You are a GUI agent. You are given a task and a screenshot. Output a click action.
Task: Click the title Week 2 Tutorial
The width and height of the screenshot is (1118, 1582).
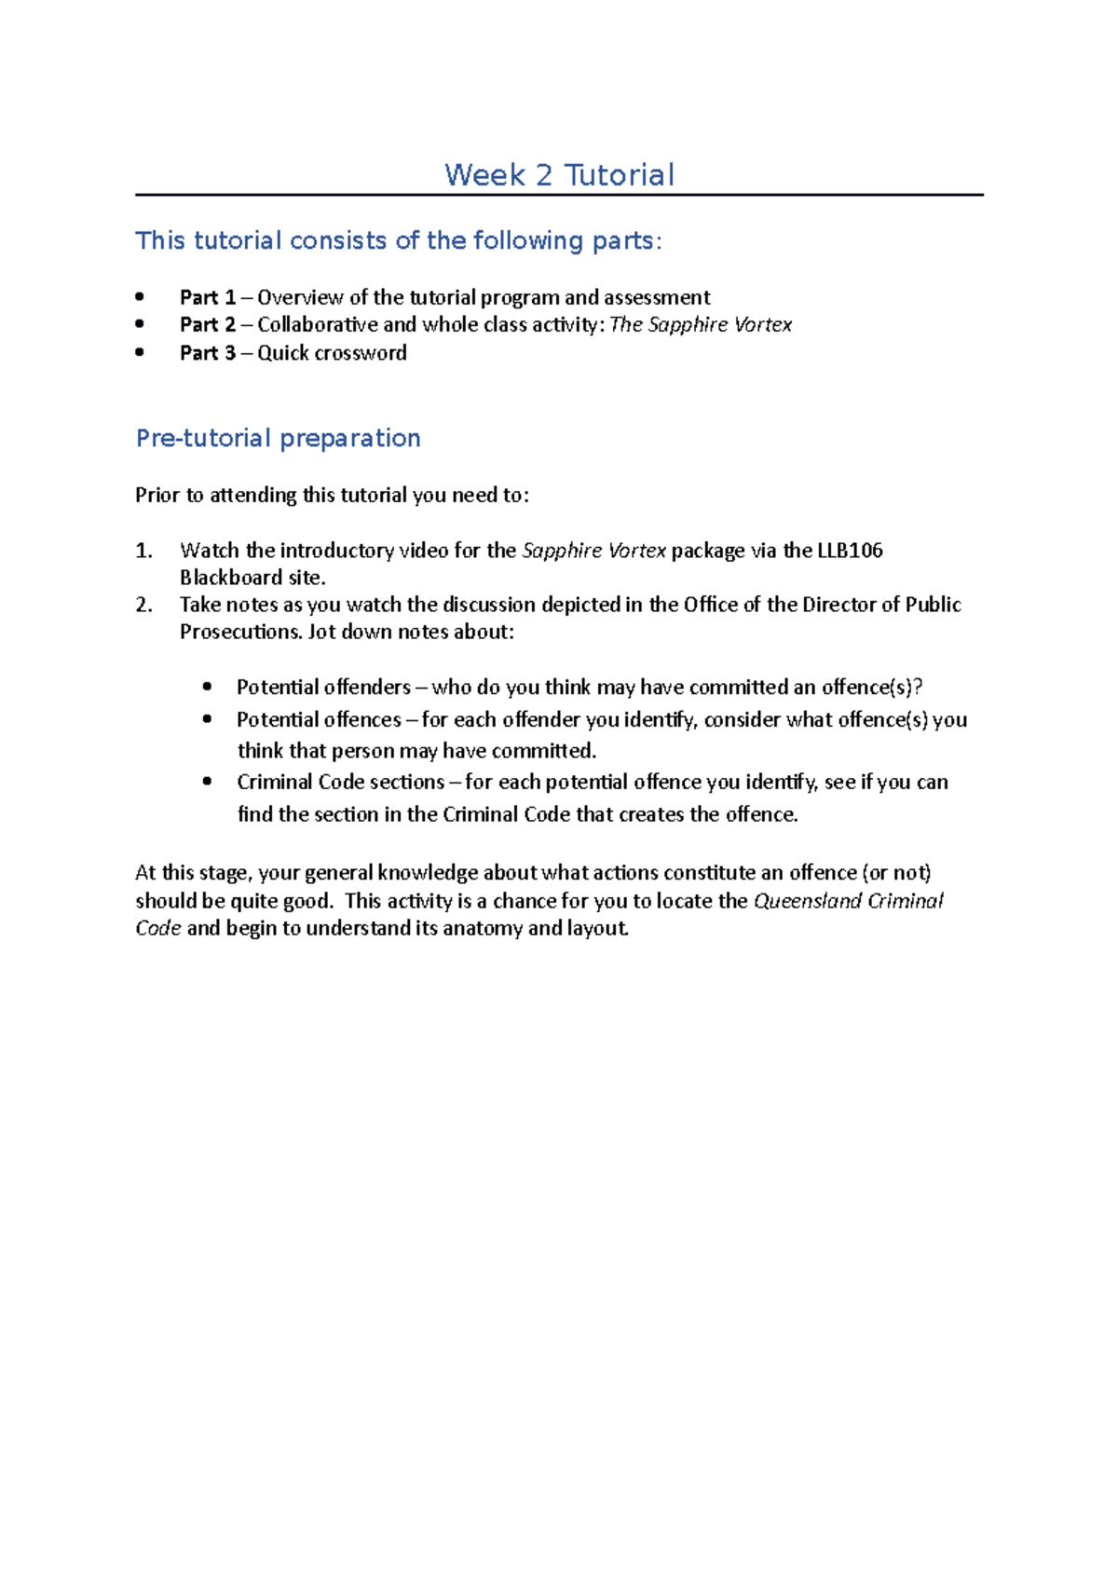click(559, 175)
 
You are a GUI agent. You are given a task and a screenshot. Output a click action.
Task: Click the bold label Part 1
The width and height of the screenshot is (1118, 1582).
click(208, 297)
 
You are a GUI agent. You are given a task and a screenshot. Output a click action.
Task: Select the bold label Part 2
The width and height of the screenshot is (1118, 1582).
click(208, 324)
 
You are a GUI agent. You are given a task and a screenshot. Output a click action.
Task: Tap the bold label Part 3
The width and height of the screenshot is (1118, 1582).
click(208, 353)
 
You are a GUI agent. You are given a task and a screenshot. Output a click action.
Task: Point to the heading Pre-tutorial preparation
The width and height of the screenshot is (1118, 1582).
click(278, 438)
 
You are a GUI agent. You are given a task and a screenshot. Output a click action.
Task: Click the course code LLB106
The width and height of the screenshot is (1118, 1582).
click(850, 551)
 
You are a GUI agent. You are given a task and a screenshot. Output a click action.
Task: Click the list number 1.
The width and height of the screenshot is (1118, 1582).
click(143, 551)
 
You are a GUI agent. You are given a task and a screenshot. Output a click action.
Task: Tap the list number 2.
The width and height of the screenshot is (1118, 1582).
click(143, 605)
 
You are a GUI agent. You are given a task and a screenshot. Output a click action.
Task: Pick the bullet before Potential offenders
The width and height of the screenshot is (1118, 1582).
click(208, 688)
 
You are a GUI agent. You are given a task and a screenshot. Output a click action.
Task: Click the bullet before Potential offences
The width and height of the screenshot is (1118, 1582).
click(208, 719)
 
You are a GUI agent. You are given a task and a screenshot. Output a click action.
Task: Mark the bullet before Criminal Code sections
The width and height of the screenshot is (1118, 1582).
click(208, 782)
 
